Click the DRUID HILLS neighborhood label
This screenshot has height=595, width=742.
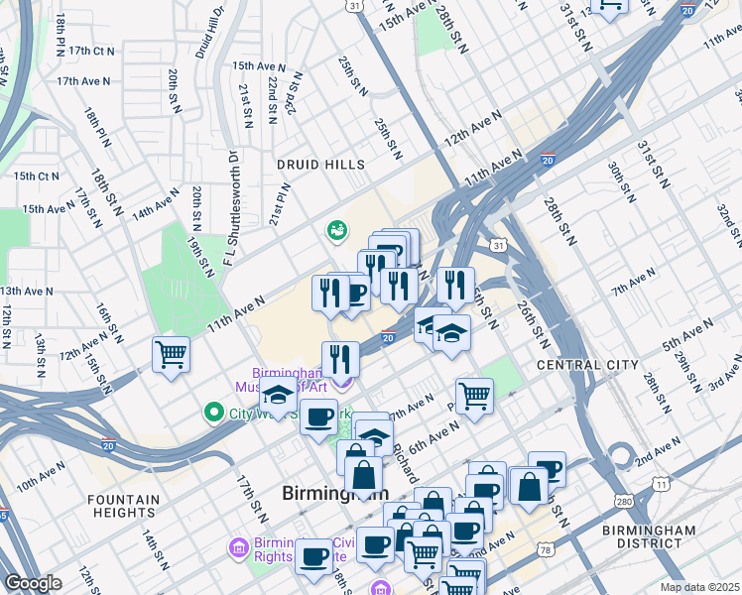[x=320, y=165]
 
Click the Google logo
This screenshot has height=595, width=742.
[x=32, y=583]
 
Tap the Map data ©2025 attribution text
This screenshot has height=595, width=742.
[x=699, y=587]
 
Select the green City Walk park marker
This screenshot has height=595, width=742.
[x=212, y=411]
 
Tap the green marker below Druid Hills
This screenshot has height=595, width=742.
[x=336, y=231]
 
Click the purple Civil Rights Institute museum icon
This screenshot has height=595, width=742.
[x=238, y=546]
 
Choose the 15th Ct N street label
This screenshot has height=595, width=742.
[x=36, y=177]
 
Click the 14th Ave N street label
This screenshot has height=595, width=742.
[x=156, y=204]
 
